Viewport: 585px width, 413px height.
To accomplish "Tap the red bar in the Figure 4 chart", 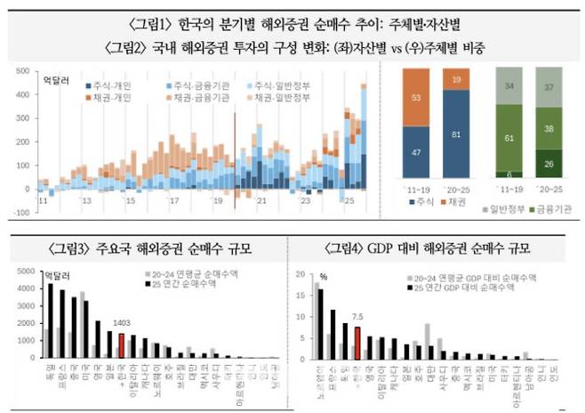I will pos(357,342).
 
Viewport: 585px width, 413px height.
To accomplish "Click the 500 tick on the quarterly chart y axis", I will pos(26,68).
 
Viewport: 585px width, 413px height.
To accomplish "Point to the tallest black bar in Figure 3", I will pos(50,321).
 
